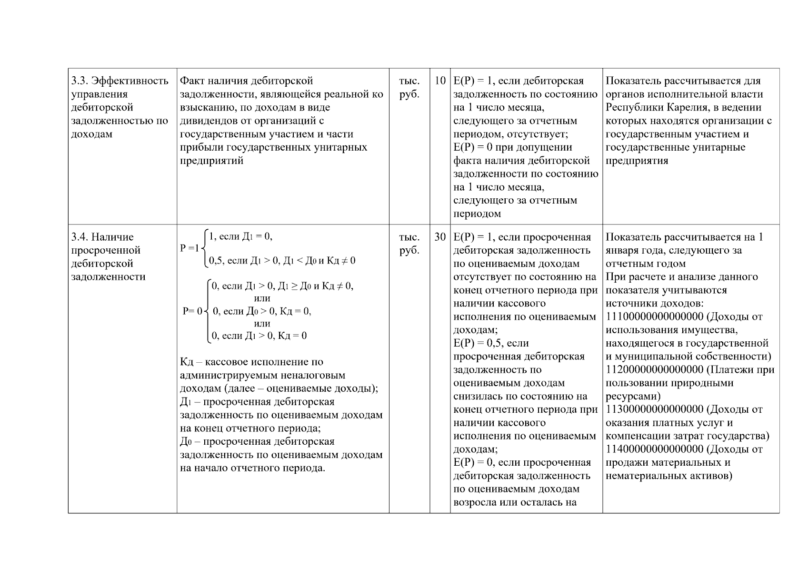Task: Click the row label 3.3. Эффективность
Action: [120, 81]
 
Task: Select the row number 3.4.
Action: [79, 237]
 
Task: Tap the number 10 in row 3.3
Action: [440, 81]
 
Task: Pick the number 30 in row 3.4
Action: [440, 237]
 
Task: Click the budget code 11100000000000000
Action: [654, 317]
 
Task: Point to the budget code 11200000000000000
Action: [654, 370]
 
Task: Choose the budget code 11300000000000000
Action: [654, 409]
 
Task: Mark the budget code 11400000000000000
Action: [654, 449]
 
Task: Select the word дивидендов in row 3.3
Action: [207, 121]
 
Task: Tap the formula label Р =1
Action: [190, 248]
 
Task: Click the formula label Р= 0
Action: [192, 311]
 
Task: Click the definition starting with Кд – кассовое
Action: [251, 362]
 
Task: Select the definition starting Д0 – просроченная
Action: [257, 442]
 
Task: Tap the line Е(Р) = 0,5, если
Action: [491, 343]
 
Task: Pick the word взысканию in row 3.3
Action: [203, 107]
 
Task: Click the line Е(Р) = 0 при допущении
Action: [512, 147]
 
